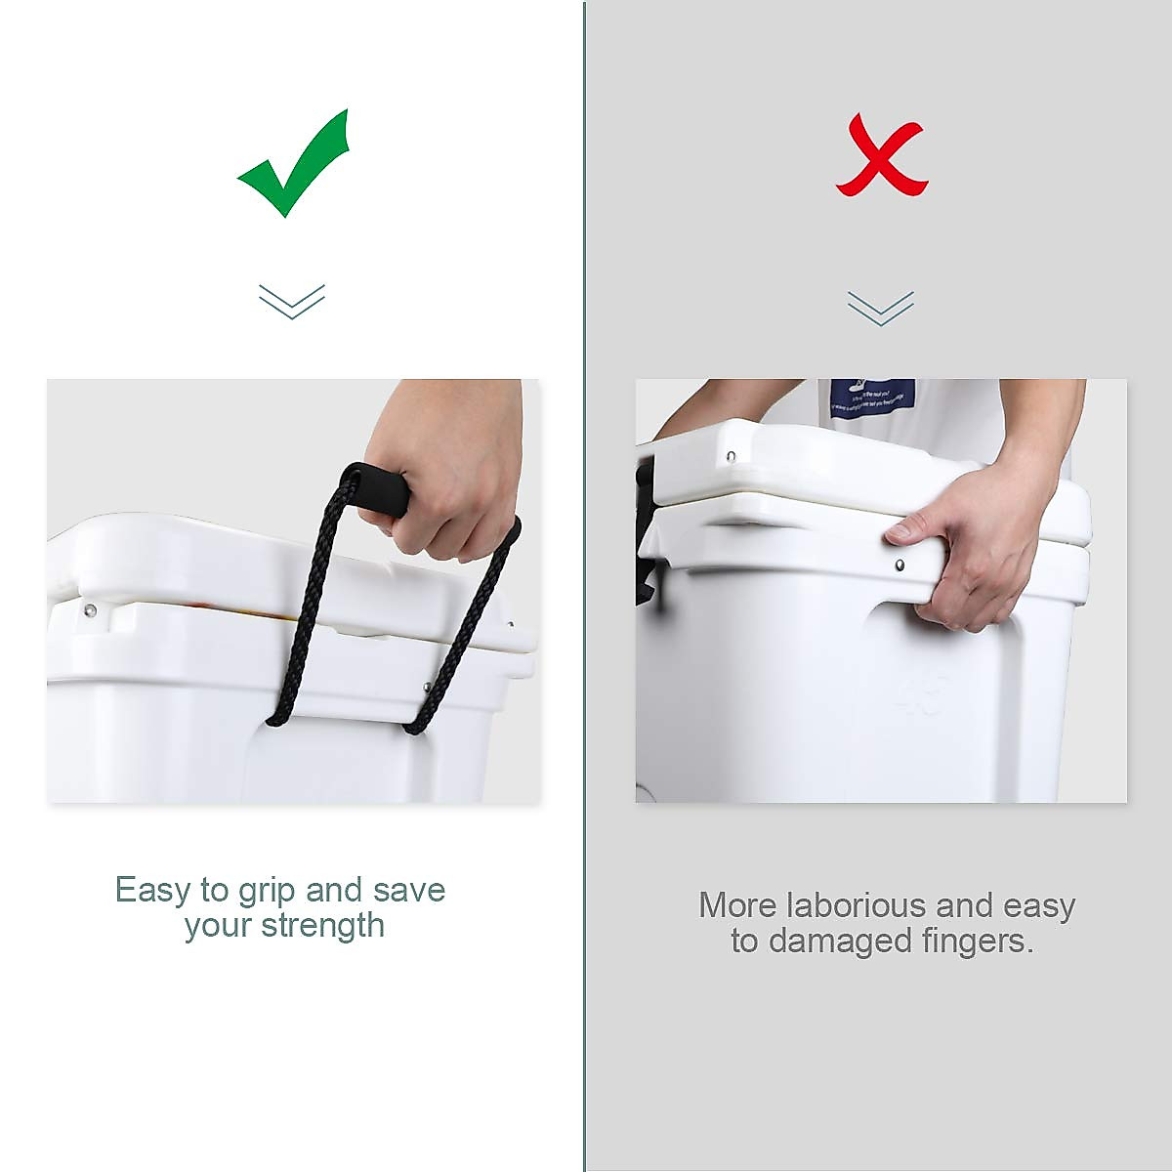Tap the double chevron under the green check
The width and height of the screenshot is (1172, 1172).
pos(292,301)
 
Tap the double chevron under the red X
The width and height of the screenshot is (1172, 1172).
pos(881,308)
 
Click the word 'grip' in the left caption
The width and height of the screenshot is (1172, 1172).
pos(267,891)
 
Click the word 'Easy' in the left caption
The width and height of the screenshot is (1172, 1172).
pos(152,891)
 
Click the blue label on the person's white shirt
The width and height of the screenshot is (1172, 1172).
pos(872,399)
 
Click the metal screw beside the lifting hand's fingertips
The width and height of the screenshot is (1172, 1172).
pos(900,565)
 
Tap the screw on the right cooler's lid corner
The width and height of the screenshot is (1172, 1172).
pos(731,455)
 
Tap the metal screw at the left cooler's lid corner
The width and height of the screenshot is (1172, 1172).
pos(90,611)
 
